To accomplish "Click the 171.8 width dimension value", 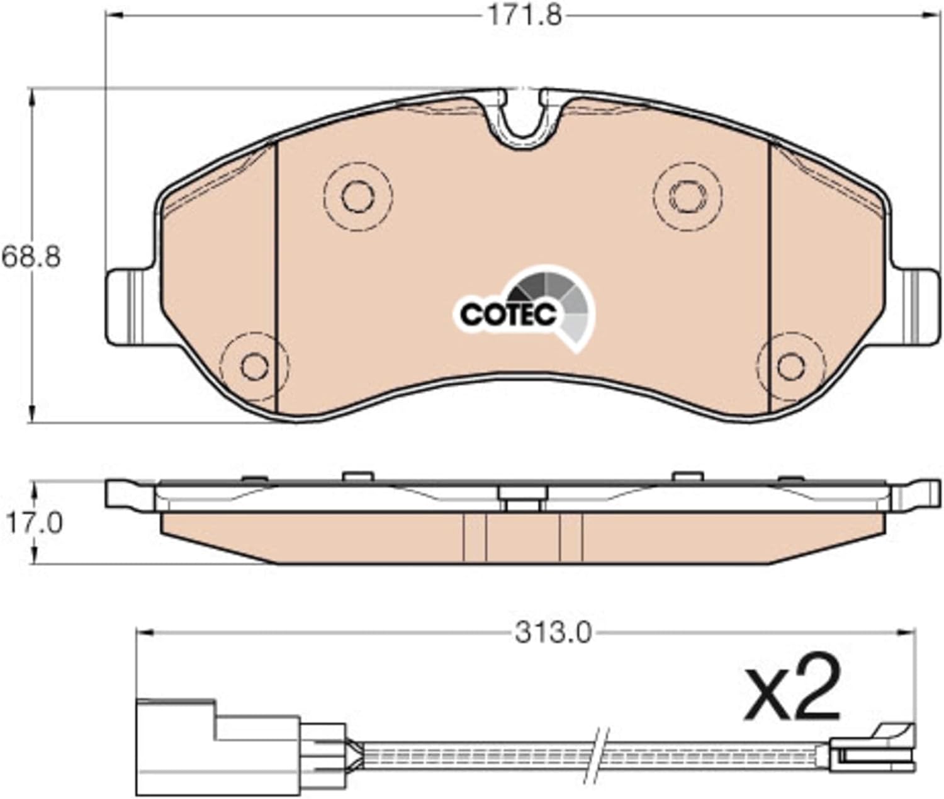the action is click(x=525, y=17).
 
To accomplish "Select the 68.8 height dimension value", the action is click(x=31, y=257).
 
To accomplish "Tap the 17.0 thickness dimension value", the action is click(x=34, y=523).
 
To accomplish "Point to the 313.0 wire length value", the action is click(x=553, y=633).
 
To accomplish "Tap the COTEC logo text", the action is click(x=509, y=315).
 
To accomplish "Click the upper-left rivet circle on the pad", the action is click(x=358, y=196).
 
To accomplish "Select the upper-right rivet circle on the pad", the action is click(x=688, y=196).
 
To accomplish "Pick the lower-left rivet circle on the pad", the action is click(x=254, y=366).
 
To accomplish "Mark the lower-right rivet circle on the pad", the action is click(x=791, y=366).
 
